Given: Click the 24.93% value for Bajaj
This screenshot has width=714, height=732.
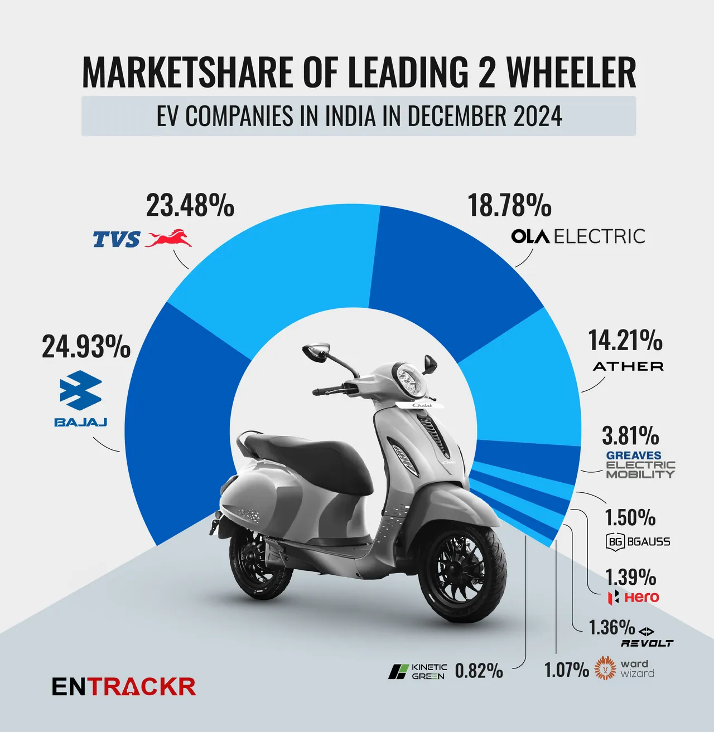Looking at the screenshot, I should tap(86, 347).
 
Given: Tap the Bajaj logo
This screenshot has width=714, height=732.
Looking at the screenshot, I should tap(81, 398).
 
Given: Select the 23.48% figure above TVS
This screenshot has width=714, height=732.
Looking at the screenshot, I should tap(190, 205).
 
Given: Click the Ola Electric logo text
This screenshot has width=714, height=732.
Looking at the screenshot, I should tap(578, 236).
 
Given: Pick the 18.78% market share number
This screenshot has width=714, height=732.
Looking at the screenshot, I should tap(510, 205).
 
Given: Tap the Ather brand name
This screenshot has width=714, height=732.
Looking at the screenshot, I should tap(628, 367).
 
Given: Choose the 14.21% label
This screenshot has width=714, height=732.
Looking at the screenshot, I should tap(625, 341).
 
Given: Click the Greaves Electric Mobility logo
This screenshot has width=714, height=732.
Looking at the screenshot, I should tap(640, 465).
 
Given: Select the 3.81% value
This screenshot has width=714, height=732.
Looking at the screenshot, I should tap(630, 435).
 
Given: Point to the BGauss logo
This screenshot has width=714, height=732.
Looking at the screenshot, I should tap(638, 541).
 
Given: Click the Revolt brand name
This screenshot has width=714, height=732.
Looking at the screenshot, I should tap(647, 643).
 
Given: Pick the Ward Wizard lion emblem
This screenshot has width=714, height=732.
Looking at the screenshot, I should tap(606, 668).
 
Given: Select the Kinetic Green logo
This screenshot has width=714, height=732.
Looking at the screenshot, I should tap(418, 671).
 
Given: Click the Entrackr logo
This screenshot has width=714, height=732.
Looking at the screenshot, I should tap(124, 687).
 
